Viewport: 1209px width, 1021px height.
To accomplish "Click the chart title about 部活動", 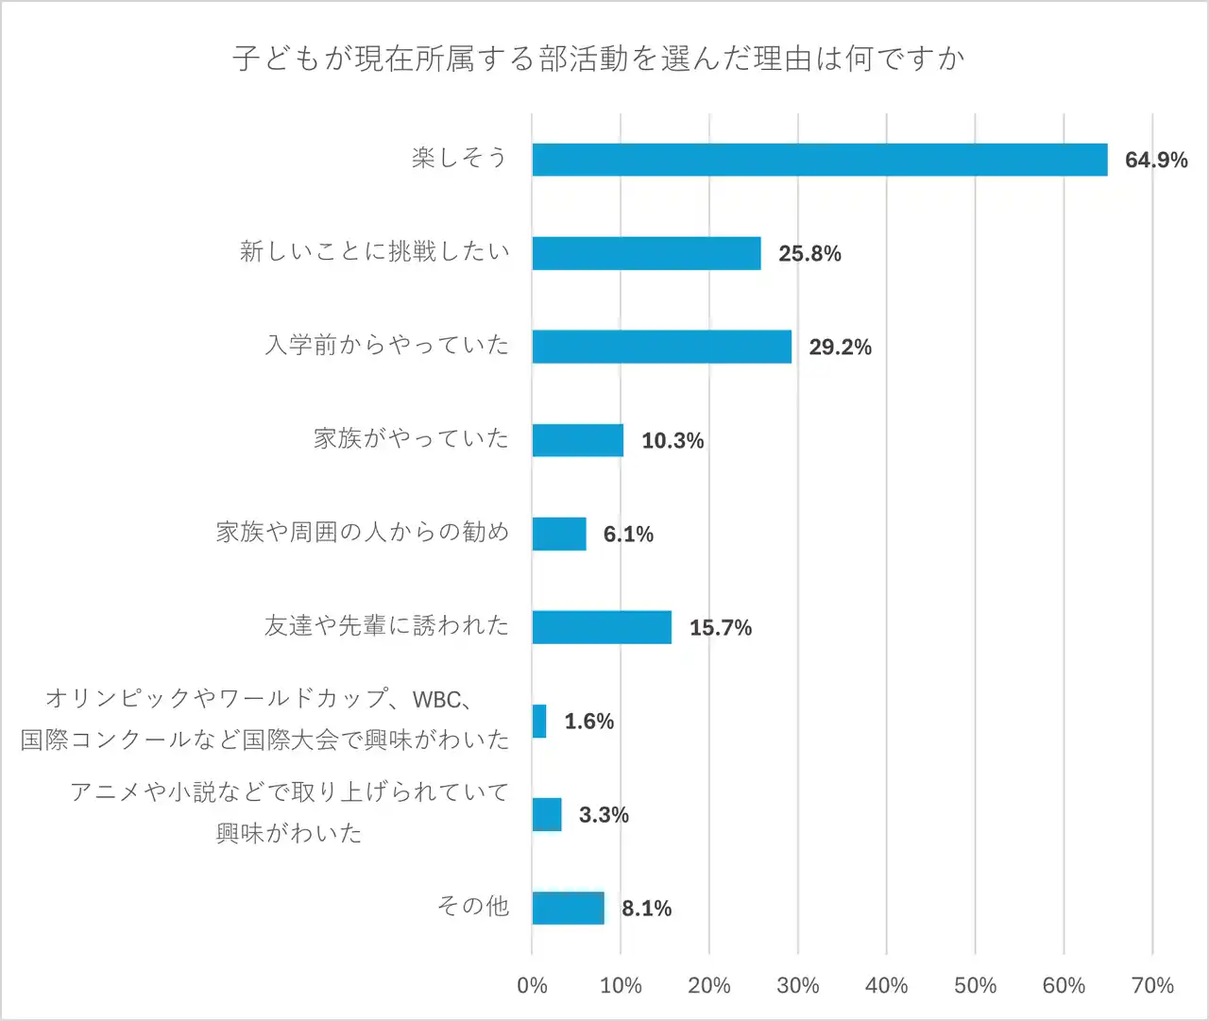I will coord(599,59).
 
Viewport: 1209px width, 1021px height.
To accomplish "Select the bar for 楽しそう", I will coord(819,160).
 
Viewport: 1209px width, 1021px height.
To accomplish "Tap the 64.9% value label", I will coord(1155,160).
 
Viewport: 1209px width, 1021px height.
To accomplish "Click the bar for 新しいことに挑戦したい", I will coord(646,253).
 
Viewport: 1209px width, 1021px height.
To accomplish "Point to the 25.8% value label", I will coord(809,253).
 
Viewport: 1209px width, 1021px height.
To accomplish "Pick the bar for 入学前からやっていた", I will coord(661,347).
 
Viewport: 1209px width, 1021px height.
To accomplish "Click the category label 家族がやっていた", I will coord(411,438).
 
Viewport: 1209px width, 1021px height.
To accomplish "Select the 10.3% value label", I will coord(673,440).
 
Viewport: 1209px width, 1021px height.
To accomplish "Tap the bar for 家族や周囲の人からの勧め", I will coord(559,534).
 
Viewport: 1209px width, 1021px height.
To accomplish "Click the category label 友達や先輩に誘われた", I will coord(386,625).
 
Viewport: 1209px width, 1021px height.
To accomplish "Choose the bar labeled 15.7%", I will coord(602,627).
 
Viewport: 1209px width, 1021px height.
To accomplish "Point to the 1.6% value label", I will coord(589,722).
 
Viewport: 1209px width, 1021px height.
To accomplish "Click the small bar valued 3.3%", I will coord(547,814).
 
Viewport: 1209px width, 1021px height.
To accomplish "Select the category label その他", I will coord(472,907).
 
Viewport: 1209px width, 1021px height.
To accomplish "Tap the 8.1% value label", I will coord(646,909).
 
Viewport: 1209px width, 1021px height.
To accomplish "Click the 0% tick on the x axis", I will coord(532,986).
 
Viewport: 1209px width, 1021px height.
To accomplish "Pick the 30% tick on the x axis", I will coord(797,986).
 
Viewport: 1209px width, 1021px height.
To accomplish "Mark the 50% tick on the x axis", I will coord(975,986).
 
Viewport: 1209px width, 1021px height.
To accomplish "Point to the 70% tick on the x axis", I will coord(1152,986).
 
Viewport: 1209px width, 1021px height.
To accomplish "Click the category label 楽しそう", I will coord(459,158).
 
